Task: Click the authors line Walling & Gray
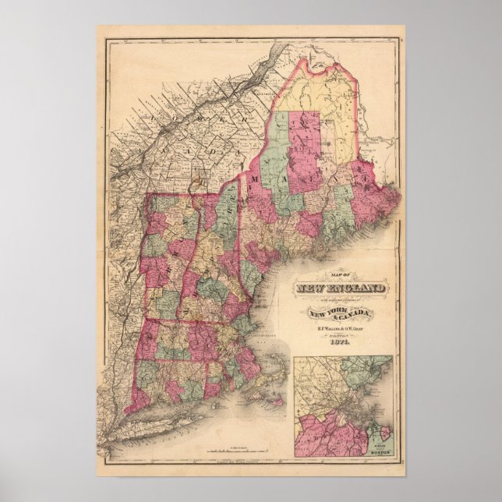coord(338,328)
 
